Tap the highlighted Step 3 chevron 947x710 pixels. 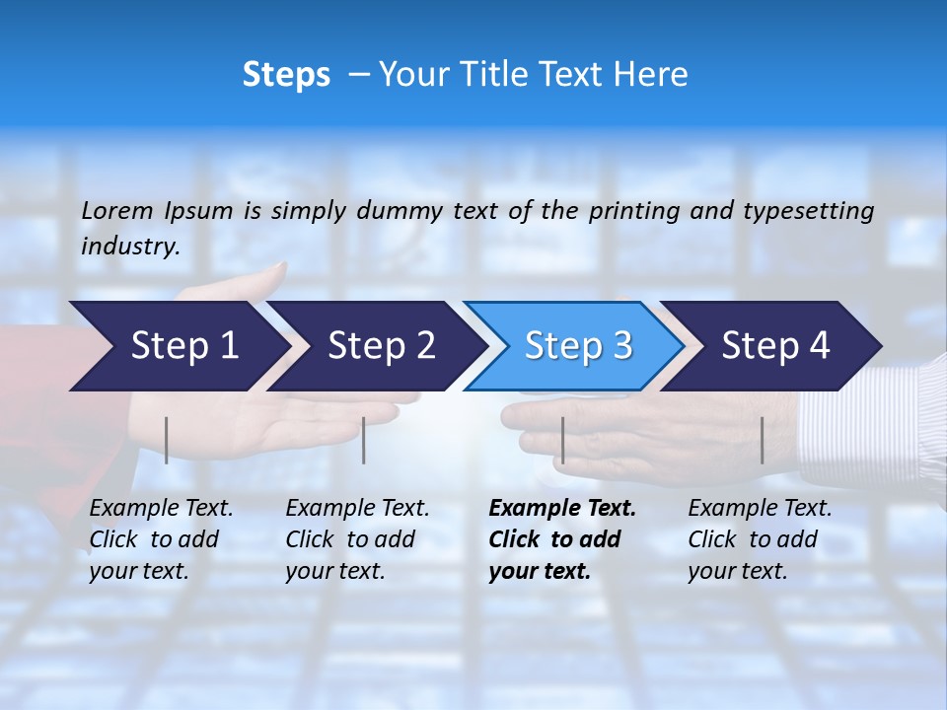click(x=578, y=346)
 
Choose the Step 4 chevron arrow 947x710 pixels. click(x=775, y=346)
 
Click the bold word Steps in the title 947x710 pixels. click(x=286, y=75)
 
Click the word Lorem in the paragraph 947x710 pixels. click(x=117, y=211)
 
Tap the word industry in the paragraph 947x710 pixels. click(x=129, y=247)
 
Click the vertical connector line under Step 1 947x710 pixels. click(x=167, y=440)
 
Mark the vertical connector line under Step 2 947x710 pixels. click(x=364, y=440)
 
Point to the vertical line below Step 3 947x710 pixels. click(x=562, y=440)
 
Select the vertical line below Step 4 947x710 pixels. click(x=762, y=440)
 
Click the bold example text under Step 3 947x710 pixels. click(x=562, y=539)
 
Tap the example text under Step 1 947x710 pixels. click(x=161, y=539)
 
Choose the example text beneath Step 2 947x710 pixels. click(x=357, y=539)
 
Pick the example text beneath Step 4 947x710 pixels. click(x=760, y=539)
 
